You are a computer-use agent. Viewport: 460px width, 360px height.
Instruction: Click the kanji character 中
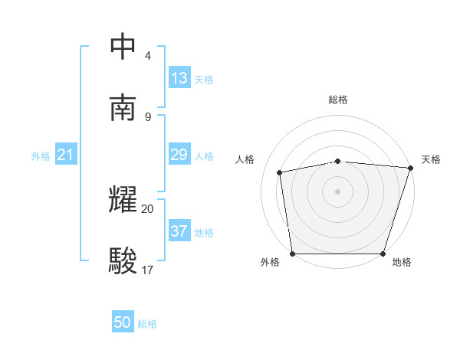pyautogui.click(x=123, y=47)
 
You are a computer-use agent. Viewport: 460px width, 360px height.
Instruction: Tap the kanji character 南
pyautogui.click(x=123, y=108)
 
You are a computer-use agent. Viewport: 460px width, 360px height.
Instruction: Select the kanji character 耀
pyautogui.click(x=123, y=200)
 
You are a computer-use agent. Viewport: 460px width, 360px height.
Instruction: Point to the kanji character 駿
pyautogui.click(x=123, y=261)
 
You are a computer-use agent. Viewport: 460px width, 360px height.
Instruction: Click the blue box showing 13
pyautogui.click(x=179, y=78)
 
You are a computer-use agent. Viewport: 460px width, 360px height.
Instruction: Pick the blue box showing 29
pyautogui.click(x=179, y=155)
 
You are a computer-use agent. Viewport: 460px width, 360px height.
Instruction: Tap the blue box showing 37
pyautogui.click(x=179, y=231)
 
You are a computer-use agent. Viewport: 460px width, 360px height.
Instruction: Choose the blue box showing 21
pyautogui.click(x=65, y=155)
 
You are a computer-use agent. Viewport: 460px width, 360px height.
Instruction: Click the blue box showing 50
pyautogui.click(x=123, y=323)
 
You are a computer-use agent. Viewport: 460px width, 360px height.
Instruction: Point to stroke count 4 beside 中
pyautogui.click(x=148, y=56)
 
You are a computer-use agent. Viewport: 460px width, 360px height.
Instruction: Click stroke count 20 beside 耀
pyautogui.click(x=148, y=208)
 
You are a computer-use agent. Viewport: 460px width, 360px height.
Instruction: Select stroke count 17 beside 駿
pyautogui.click(x=148, y=270)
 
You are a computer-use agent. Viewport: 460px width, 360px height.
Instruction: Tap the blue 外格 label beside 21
pyautogui.click(x=41, y=156)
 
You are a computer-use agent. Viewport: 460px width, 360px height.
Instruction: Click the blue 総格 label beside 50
pyautogui.click(x=147, y=324)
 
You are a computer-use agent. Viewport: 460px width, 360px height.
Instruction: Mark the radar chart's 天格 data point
pyautogui.click(x=410, y=168)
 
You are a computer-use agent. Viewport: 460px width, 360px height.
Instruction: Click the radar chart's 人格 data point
pyautogui.click(x=280, y=172)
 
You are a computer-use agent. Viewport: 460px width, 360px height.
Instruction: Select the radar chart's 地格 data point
pyautogui.click(x=383, y=254)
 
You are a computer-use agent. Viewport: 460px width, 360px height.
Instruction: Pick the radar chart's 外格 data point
pyautogui.click(x=292, y=254)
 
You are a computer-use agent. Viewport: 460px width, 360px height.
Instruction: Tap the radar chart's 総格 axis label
pyautogui.click(x=338, y=100)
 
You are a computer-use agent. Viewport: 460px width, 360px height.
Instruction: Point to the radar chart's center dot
pyautogui.click(x=337, y=191)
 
